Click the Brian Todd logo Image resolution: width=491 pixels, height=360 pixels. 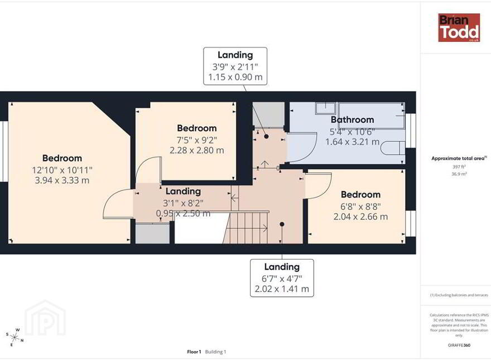(x=459, y=27)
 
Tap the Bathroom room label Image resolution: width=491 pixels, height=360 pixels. (x=352, y=119)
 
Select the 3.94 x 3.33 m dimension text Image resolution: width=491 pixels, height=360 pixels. (x=62, y=180)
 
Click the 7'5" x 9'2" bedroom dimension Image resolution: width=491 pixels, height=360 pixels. (x=197, y=140)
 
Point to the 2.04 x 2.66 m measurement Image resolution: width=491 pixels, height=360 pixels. (x=360, y=217)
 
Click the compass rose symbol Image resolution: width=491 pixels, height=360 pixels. (x=15, y=337)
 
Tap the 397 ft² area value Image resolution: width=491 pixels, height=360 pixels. (x=459, y=167)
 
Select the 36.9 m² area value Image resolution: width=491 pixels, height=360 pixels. (x=459, y=174)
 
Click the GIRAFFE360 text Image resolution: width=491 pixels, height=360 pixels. (x=459, y=345)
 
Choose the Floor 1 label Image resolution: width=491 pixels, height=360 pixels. (x=194, y=352)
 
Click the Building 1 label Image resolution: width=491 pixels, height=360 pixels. (x=215, y=352)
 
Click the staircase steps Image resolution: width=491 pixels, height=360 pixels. (x=247, y=228)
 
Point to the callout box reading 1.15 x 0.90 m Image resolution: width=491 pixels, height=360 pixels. (x=235, y=66)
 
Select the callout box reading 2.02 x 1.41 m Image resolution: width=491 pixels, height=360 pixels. (x=282, y=278)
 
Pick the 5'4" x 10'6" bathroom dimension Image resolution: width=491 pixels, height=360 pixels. (x=352, y=132)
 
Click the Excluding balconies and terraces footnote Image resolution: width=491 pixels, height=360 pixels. (x=459, y=295)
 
